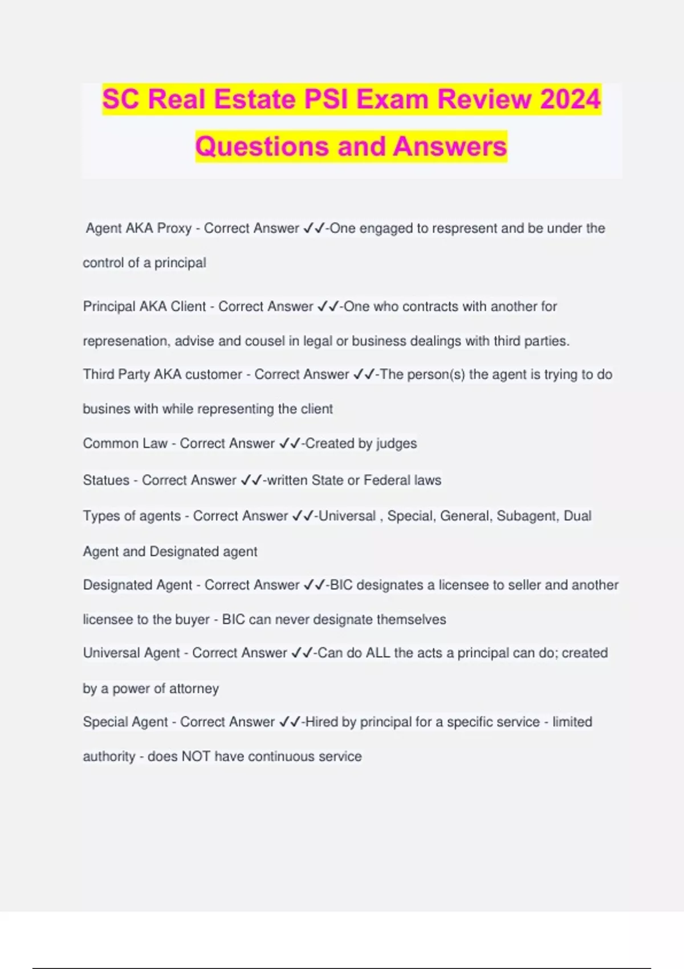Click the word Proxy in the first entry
pyautogui.click(x=174, y=228)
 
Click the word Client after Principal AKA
pyautogui.click(x=188, y=306)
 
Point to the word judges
pyautogui.click(x=396, y=443)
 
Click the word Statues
pyautogui.click(x=106, y=480)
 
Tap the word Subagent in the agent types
pyautogui.click(x=527, y=516)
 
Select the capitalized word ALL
pyautogui.click(x=378, y=653)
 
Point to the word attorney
pyautogui.click(x=194, y=689)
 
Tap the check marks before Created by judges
pyautogui.click(x=290, y=443)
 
